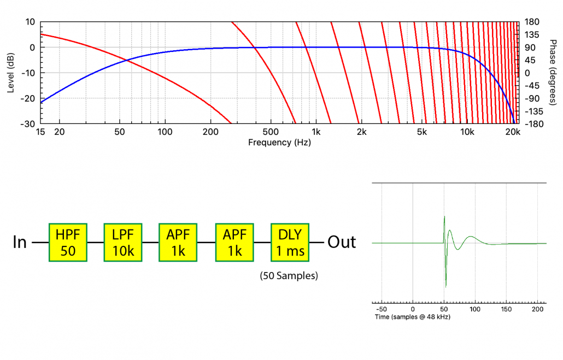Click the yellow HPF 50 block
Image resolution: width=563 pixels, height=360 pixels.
(68, 241)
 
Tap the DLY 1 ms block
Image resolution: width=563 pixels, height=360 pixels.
(290, 241)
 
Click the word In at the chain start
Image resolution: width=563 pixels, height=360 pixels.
(20, 242)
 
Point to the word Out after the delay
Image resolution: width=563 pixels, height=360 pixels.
(342, 242)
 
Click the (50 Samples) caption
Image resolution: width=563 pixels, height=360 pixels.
(289, 276)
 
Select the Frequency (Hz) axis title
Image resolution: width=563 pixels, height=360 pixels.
(279, 143)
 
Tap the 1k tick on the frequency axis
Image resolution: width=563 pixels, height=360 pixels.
(316, 133)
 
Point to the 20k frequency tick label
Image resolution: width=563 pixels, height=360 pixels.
(512, 133)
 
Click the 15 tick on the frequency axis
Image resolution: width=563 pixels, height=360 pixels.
(40, 133)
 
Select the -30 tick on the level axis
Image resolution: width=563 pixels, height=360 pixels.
(28, 124)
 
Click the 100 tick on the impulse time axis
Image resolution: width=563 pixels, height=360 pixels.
(475, 309)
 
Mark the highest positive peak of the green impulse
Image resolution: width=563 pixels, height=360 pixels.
(444, 217)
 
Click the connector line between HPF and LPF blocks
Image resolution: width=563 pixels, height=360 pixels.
(95, 241)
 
